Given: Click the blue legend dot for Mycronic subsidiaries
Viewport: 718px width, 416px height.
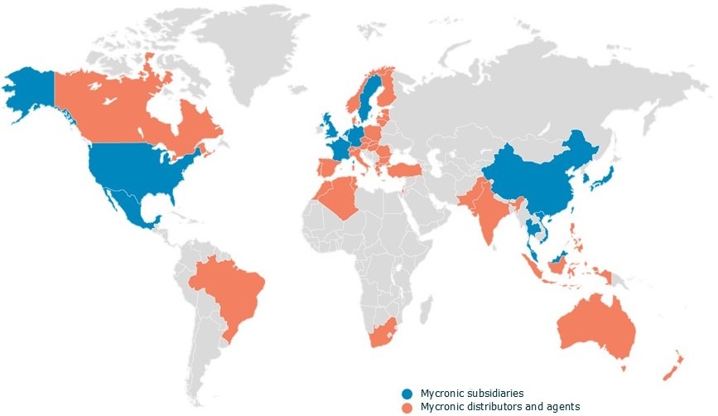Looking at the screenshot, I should [407, 393].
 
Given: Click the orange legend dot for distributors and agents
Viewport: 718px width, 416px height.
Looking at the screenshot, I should [407, 406].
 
